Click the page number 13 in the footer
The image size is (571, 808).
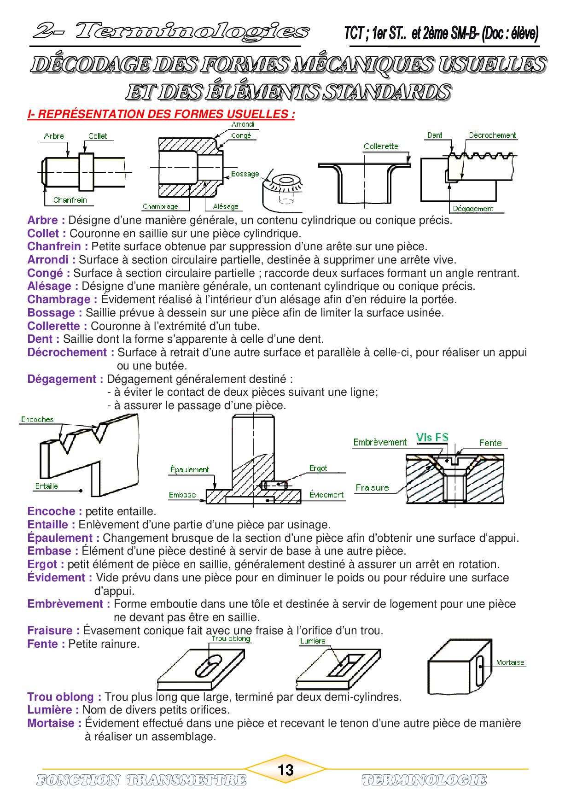285,770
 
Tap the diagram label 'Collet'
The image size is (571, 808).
98,136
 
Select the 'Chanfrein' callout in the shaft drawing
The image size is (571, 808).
70,200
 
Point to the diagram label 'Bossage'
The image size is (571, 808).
245,174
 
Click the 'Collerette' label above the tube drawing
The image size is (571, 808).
381,146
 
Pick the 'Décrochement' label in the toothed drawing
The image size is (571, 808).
492,135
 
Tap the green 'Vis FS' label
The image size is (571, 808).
432,437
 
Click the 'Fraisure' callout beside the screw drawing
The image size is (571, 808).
372,487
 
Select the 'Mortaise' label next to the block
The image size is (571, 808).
510,662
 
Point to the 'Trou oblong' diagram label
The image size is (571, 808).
231,639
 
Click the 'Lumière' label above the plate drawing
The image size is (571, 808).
313,641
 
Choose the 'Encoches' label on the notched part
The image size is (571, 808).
37,419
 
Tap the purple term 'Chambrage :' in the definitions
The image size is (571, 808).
62,299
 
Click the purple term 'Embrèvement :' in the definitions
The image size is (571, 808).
69,604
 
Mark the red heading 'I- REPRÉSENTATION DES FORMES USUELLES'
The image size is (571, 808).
161,114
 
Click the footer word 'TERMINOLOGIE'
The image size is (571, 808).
424,780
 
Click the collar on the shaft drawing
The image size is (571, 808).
86,172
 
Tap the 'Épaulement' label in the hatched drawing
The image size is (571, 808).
189,469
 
